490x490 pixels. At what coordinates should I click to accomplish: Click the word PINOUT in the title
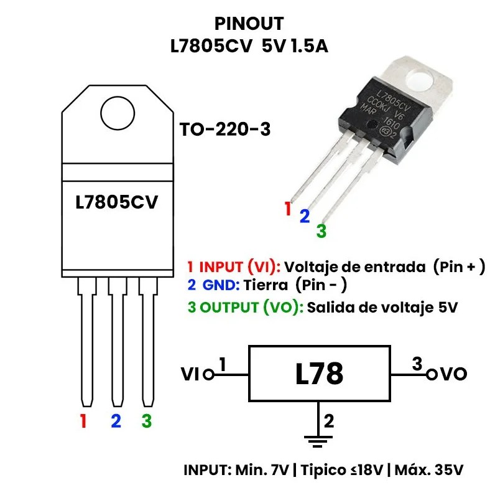249,24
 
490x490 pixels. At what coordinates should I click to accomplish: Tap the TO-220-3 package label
224,130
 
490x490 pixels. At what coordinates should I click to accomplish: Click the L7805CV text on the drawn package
116,203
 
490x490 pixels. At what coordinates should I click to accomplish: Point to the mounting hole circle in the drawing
118,113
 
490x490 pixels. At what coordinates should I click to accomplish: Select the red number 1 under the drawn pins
83,422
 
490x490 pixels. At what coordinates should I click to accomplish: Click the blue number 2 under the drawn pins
115,422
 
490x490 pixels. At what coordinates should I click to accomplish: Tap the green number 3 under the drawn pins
146,422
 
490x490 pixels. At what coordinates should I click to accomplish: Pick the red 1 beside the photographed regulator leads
287,209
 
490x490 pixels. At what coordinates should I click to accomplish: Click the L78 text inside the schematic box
319,374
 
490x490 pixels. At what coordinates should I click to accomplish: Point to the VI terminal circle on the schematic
208,375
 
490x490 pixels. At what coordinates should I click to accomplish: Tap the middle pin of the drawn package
116,342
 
